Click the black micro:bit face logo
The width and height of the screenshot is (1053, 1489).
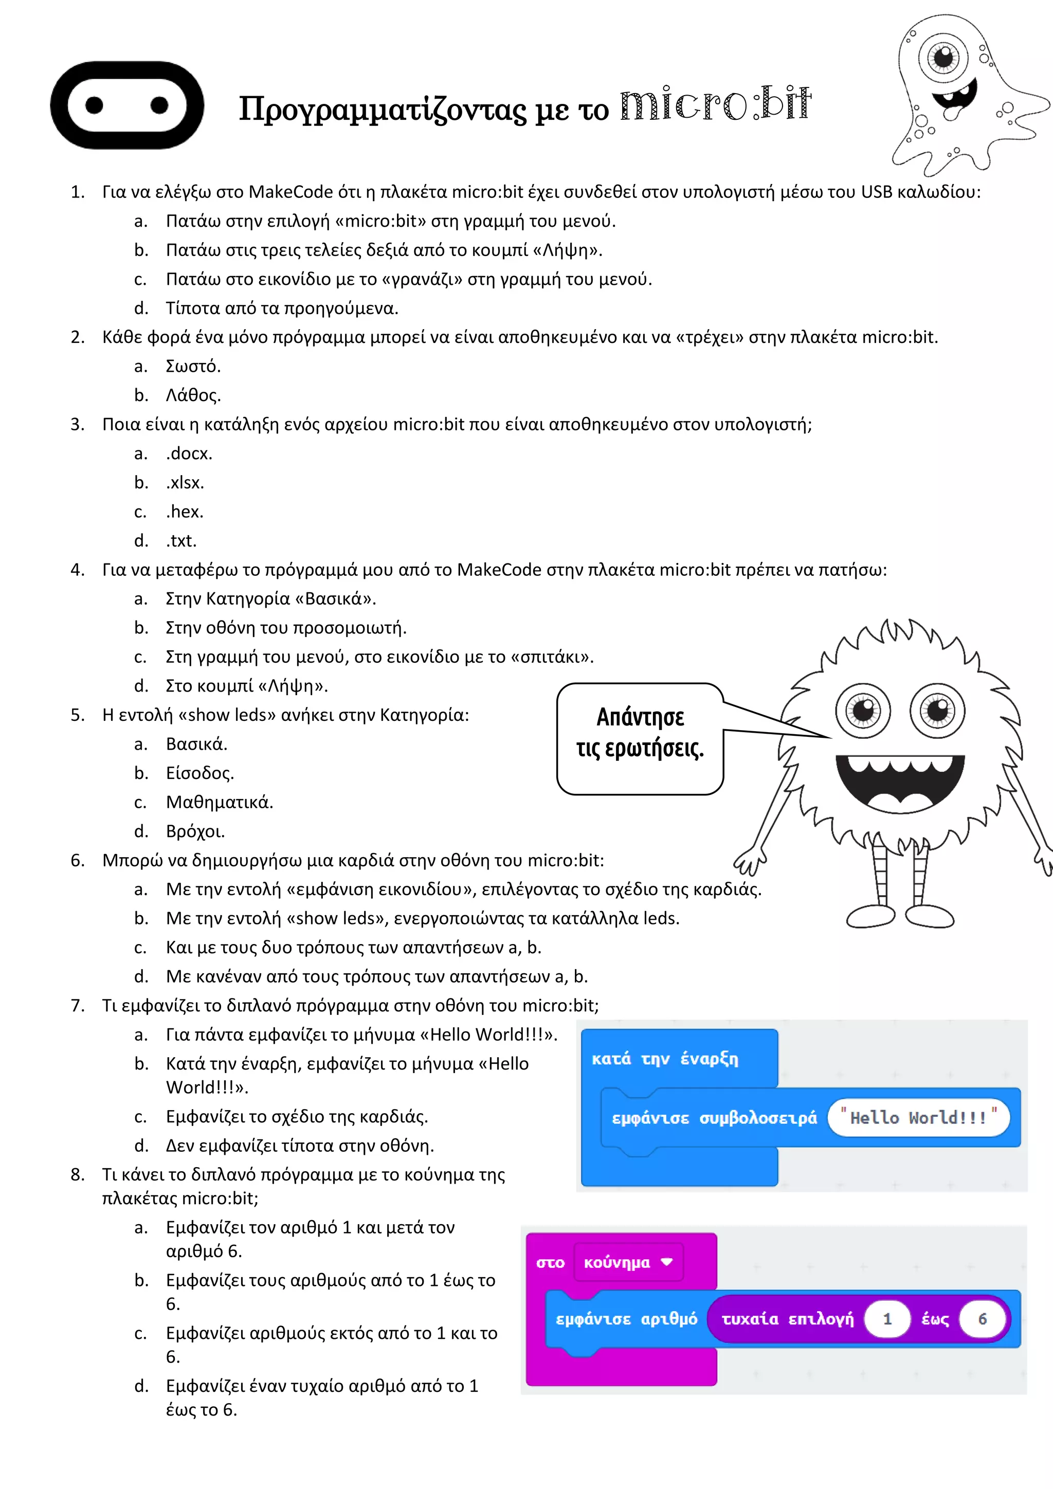(x=127, y=105)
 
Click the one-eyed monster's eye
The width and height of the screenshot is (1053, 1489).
(x=943, y=57)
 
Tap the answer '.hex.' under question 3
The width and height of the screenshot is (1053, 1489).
(x=185, y=512)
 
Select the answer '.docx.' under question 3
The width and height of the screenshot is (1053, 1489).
(x=189, y=453)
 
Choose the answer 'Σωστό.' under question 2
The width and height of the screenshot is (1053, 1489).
(x=193, y=367)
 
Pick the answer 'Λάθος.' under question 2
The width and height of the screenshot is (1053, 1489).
(x=193, y=395)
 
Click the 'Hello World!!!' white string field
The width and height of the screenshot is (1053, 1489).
(x=918, y=1117)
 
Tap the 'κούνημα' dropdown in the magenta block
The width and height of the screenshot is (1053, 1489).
(x=628, y=1262)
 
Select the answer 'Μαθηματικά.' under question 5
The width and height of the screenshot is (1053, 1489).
(x=219, y=802)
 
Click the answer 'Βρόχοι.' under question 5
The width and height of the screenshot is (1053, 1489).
(x=195, y=831)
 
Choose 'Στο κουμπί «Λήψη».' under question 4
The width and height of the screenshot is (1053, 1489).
(x=246, y=686)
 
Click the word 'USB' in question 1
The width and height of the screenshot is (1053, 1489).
(x=877, y=192)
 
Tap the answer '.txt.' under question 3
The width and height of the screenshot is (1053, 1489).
(x=181, y=541)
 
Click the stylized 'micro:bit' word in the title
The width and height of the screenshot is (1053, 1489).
(x=715, y=104)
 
